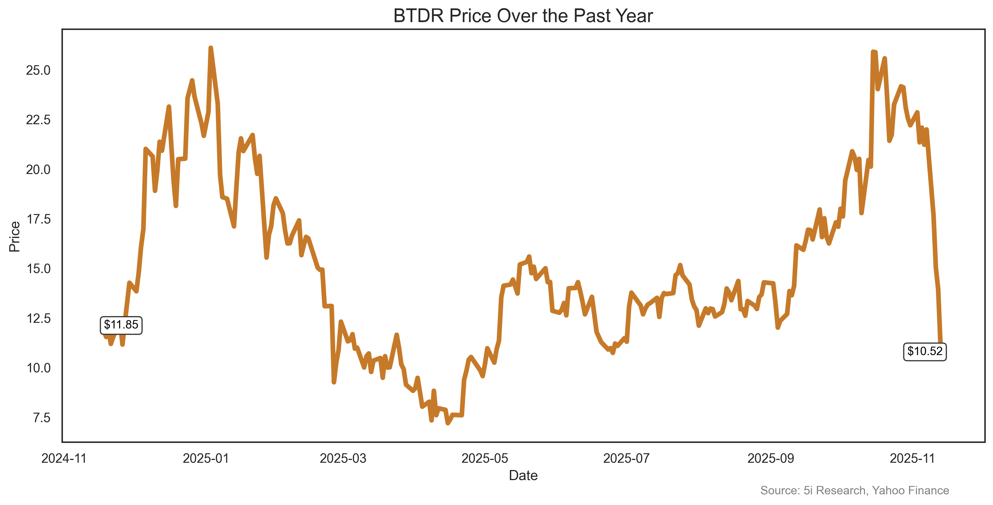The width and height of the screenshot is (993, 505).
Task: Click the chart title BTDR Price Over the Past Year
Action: coord(523,16)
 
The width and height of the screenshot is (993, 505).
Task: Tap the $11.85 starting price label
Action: coord(121,325)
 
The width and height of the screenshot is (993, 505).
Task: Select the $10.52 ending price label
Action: coord(925,351)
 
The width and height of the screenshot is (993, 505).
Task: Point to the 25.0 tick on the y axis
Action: coord(38,70)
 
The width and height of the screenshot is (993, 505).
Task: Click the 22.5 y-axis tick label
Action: coord(38,120)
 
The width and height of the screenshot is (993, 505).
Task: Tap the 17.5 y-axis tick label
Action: coord(38,219)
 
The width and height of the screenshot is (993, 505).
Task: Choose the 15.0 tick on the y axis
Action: coord(38,269)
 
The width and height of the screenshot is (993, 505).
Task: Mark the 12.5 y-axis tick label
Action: coord(38,318)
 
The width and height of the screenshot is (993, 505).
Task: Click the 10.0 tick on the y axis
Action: coord(38,368)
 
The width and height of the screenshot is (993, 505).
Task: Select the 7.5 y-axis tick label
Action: coord(42,417)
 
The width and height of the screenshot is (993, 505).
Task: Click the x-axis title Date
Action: coord(523,476)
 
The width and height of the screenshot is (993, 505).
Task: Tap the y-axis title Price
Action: coord(14,236)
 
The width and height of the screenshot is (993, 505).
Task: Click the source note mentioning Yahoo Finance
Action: coord(854,490)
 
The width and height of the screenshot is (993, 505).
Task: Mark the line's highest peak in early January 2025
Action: coord(211,48)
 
